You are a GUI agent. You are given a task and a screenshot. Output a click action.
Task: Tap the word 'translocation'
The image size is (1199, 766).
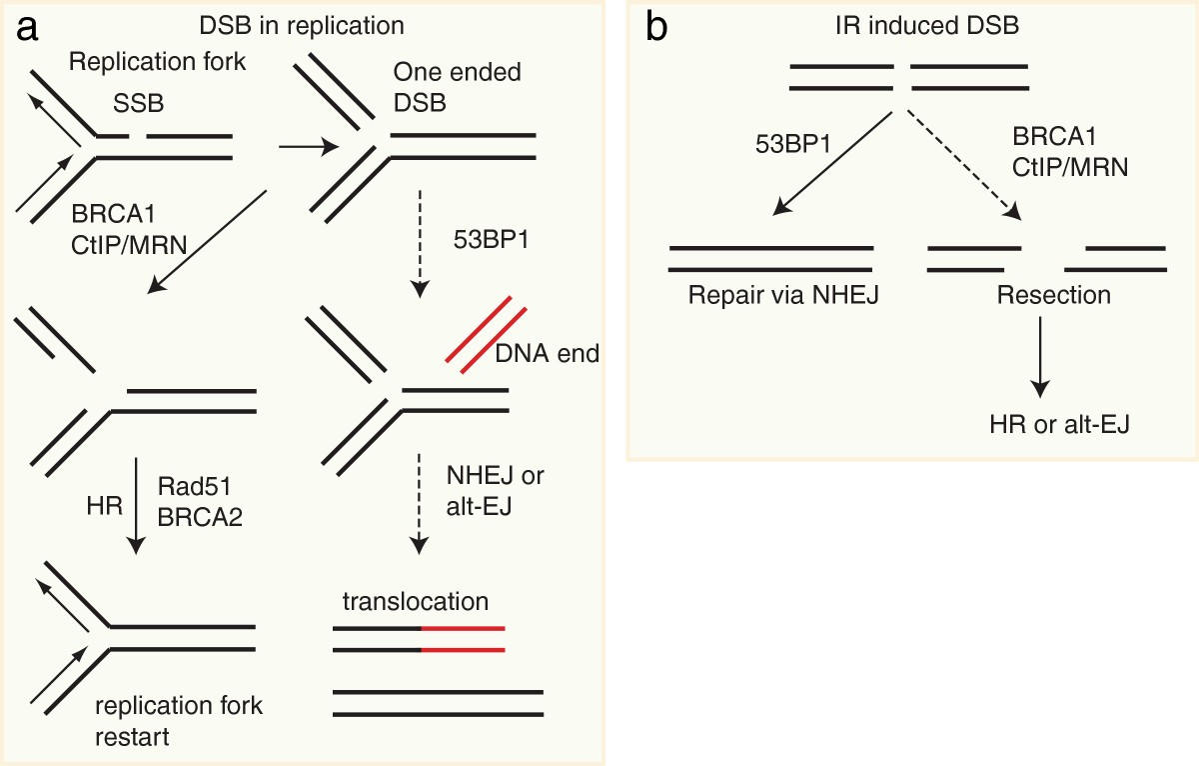[x=415, y=602]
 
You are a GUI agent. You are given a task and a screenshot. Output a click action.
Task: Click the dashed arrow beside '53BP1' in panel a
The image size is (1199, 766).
[x=421, y=241]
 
